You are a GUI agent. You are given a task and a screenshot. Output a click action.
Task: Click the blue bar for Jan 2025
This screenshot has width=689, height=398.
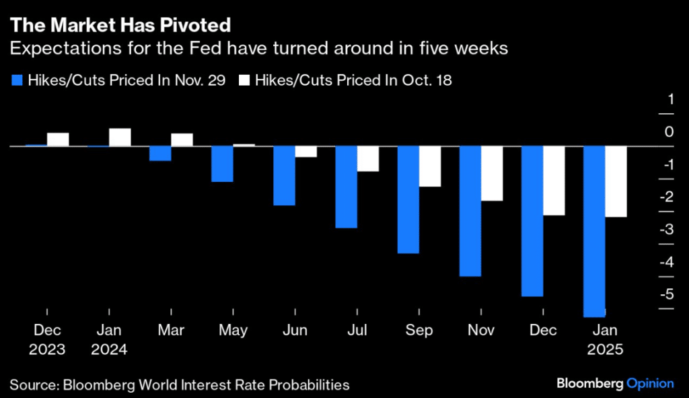tap(594, 231)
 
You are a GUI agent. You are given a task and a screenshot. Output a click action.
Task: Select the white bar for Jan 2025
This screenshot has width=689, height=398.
tap(616, 181)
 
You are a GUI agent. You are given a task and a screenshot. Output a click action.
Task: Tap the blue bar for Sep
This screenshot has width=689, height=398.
tap(408, 199)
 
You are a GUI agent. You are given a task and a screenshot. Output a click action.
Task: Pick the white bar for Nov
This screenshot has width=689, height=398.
tap(492, 173)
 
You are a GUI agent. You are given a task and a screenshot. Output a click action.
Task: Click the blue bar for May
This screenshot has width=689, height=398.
tap(223, 164)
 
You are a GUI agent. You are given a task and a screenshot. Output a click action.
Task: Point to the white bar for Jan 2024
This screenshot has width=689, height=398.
tap(120, 137)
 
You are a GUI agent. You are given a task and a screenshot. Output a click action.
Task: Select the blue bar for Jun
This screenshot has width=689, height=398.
tap(285, 175)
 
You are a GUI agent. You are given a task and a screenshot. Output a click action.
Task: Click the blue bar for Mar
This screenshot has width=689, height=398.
tap(160, 153)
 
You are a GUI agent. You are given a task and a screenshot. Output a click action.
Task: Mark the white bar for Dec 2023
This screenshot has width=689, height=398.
tap(58, 139)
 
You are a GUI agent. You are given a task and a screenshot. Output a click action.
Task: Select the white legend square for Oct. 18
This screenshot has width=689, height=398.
tap(246, 81)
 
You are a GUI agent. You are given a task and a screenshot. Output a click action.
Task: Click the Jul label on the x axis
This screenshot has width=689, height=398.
tap(357, 331)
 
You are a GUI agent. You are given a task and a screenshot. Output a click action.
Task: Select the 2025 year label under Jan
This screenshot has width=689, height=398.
tap(604, 350)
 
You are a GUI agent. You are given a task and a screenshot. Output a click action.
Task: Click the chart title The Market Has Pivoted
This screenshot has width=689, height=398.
tap(120, 26)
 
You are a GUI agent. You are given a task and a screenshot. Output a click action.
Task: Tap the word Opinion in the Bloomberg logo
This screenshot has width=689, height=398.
tap(650, 383)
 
